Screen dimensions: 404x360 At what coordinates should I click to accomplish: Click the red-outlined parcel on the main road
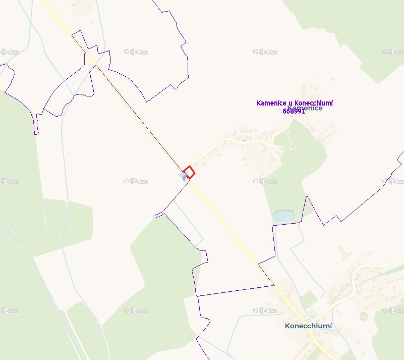[x=189, y=172]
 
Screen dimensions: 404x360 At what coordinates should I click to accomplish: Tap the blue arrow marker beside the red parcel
[x=183, y=176]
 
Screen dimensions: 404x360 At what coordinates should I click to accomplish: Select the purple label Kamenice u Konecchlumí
[x=295, y=103]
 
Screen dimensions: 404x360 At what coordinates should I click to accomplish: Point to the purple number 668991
[x=294, y=111]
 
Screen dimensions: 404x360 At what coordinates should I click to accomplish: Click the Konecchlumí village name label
[x=308, y=326]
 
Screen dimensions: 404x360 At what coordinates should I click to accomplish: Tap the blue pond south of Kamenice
[x=283, y=217]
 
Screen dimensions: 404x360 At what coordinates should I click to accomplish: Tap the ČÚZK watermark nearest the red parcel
[x=136, y=181]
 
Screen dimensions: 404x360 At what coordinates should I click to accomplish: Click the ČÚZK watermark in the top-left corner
[x=10, y=52]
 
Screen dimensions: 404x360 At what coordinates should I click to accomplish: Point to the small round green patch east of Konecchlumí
[x=363, y=316]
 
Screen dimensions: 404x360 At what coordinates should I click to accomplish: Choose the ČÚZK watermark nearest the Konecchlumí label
[x=265, y=310]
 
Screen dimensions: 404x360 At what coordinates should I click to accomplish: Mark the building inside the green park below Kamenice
[x=292, y=147]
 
